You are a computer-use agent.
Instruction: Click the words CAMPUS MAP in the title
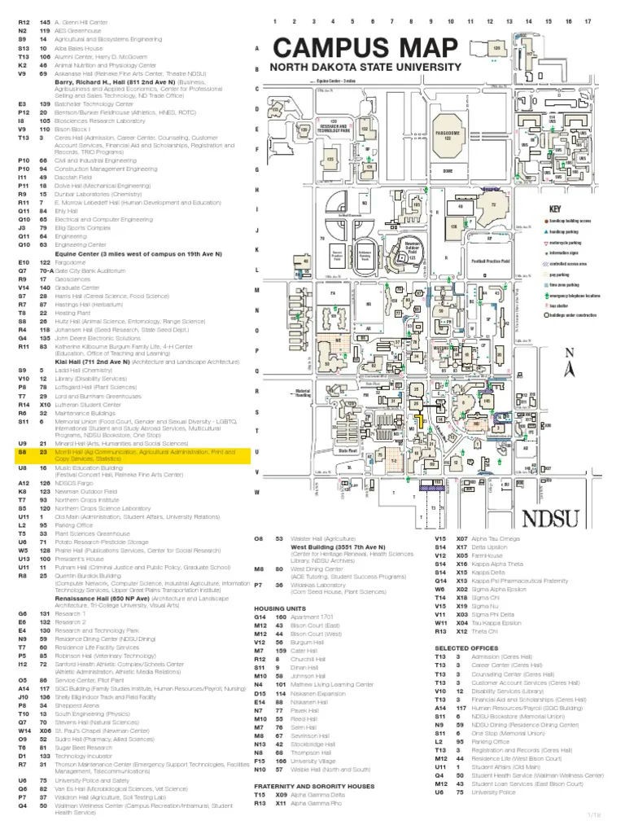point(365,48)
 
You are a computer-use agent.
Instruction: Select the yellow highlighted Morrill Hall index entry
point(130,454)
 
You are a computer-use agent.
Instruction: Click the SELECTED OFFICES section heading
point(465,647)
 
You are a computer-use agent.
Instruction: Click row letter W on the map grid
point(257,491)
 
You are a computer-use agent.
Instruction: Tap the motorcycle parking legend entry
point(562,243)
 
